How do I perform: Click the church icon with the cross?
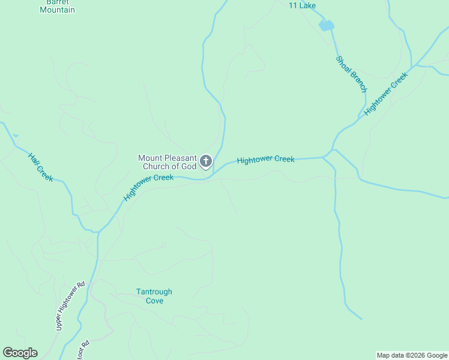206,161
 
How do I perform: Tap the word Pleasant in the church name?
179,158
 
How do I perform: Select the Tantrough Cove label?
154,296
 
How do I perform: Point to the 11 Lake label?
302,5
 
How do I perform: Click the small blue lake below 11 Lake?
326,25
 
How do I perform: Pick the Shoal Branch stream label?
351,74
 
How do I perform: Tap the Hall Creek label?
41,167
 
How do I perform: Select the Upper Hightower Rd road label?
68,305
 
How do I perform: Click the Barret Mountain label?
58,6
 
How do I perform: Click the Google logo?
20,353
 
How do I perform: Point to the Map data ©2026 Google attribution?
412,355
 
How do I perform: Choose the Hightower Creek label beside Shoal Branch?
386,93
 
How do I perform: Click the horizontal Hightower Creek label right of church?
265,160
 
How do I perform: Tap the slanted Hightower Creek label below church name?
148,187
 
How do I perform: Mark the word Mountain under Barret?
58,10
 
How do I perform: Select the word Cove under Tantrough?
154,301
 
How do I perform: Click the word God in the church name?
188,166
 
